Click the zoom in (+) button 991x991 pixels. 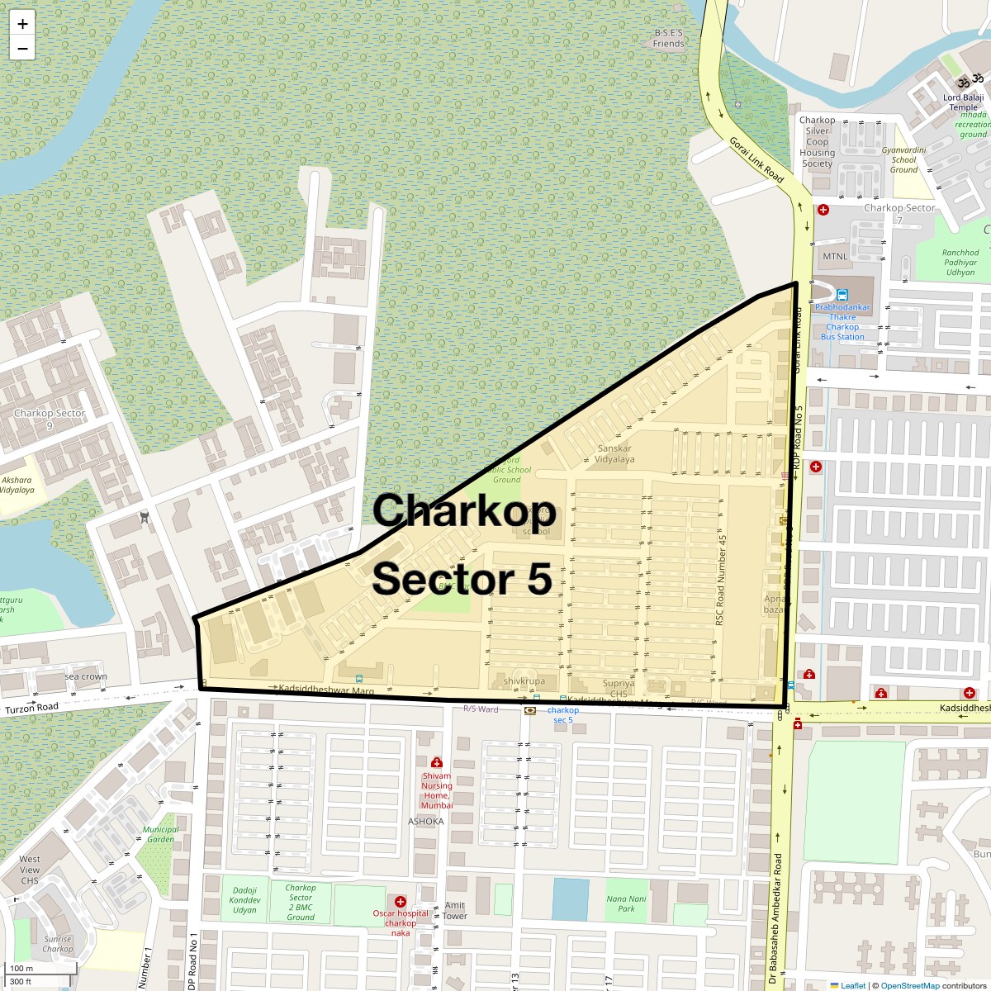click(x=22, y=24)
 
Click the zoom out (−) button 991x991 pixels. click(x=22, y=49)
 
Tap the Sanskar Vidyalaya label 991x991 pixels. click(x=614, y=453)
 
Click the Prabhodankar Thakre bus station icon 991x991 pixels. click(x=842, y=295)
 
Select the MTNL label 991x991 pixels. click(x=835, y=256)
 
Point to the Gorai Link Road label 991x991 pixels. click(x=756, y=159)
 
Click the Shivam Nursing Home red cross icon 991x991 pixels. click(x=437, y=762)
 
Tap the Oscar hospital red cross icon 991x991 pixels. click(x=401, y=902)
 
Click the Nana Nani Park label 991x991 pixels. click(x=626, y=903)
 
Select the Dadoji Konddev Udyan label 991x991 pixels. click(x=244, y=900)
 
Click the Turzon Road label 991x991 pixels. click(x=31, y=708)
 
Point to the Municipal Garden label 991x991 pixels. click(x=160, y=834)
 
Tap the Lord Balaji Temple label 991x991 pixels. click(x=963, y=102)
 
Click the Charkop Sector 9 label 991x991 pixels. click(x=50, y=419)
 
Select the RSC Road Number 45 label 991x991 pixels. click(x=721, y=580)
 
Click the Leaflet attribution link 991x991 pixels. click(x=853, y=985)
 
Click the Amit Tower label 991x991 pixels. click(x=455, y=910)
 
